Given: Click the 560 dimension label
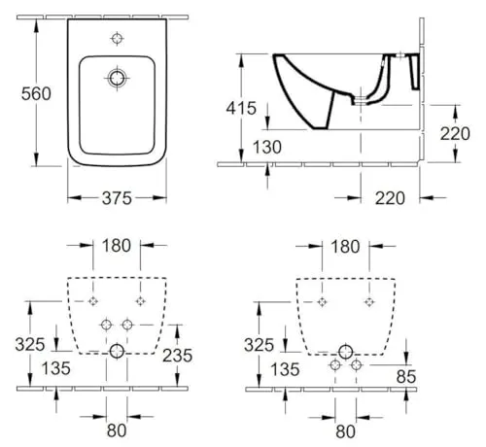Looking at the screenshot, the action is pos(36,94).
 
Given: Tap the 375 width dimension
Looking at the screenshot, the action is pos(117,198).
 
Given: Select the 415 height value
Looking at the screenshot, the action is pos(241,108).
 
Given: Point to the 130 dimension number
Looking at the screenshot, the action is pos(267,147).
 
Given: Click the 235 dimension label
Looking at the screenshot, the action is pos(177,356).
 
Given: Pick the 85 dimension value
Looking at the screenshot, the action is pos(406,376).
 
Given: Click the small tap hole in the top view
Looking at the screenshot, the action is pos(117,39).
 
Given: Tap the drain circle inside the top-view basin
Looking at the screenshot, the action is pos(117,78).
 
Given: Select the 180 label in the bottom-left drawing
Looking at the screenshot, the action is pos(117,246).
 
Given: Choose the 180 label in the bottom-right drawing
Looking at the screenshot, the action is pos(345,247).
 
